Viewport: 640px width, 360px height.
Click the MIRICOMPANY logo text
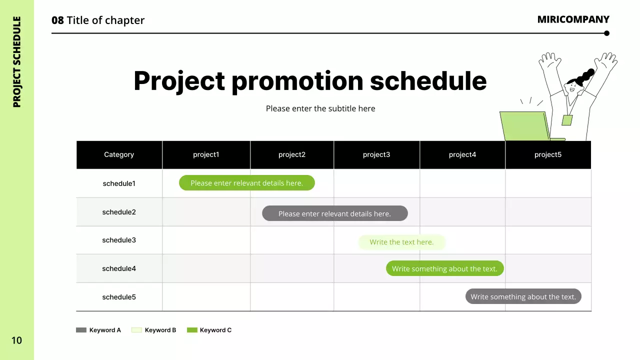pos(573,19)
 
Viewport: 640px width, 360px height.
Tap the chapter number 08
pos(57,20)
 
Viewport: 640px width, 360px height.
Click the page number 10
pos(16,340)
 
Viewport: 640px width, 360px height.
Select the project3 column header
pos(376,154)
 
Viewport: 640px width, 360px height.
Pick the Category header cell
pos(119,154)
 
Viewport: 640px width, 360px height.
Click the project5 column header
pos(548,154)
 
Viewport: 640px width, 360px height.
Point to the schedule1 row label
pos(119,183)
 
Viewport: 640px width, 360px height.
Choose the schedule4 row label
pos(119,268)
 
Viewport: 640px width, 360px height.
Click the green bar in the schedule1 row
pos(247,183)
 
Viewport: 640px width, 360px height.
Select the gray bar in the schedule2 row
pos(335,213)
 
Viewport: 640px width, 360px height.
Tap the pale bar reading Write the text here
pos(401,242)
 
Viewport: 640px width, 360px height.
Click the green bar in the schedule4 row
pos(444,268)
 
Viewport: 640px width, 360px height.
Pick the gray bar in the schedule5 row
pos(523,296)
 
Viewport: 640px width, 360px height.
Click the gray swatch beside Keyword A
pos(81,330)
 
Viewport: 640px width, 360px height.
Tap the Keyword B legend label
pos(160,330)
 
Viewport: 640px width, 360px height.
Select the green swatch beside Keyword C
pos(192,330)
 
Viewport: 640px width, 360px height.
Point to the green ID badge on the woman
pos(567,120)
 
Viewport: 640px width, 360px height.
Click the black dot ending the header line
pos(607,33)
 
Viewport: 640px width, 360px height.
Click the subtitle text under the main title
pos(320,108)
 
